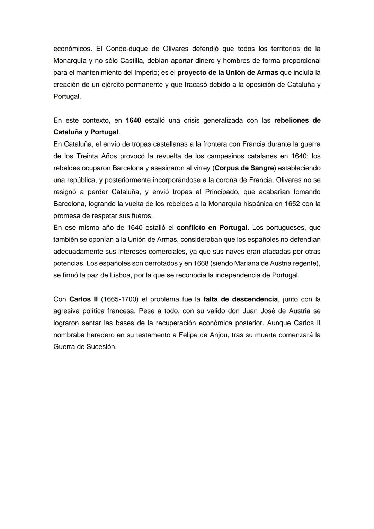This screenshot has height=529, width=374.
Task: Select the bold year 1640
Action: click(x=133, y=120)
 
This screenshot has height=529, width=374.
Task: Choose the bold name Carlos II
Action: click(x=83, y=299)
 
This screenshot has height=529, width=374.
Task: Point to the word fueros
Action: click(x=141, y=216)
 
